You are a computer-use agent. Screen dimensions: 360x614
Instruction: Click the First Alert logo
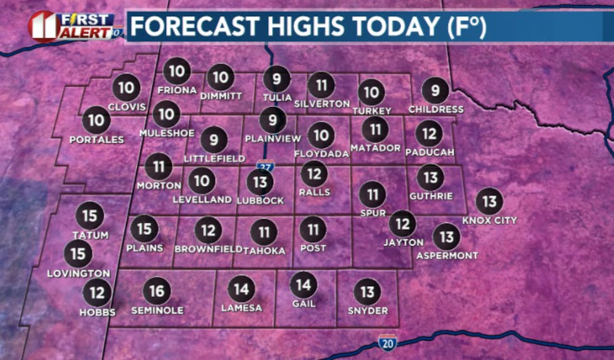click(x=75, y=26)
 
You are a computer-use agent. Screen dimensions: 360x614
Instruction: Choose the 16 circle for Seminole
click(x=157, y=291)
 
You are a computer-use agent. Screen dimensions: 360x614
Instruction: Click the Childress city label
click(x=435, y=110)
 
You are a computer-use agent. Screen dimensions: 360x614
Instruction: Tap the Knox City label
click(x=489, y=220)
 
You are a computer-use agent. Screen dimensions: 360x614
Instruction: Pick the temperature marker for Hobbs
click(x=97, y=292)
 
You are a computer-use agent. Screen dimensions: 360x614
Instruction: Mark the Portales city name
click(x=96, y=140)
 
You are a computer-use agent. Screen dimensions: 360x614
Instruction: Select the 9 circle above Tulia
click(x=276, y=79)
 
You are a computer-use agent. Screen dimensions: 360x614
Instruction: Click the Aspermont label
click(x=447, y=255)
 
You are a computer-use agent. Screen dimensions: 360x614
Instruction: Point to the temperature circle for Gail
click(x=303, y=285)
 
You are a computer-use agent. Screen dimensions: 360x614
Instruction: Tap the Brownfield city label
click(x=209, y=249)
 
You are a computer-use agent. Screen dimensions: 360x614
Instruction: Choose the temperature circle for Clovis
click(x=127, y=88)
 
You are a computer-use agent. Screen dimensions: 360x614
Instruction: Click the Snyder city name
click(x=368, y=311)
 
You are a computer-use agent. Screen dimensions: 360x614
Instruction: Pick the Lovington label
click(x=78, y=273)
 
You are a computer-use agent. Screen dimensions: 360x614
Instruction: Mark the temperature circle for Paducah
click(x=429, y=133)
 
